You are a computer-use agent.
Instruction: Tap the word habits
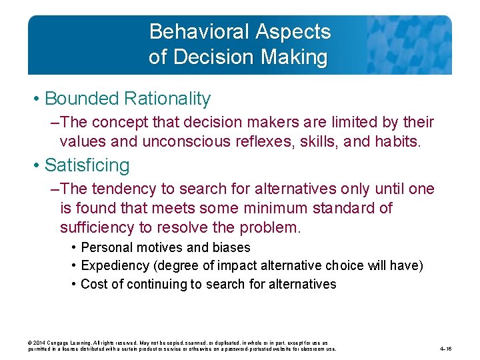tap(399, 141)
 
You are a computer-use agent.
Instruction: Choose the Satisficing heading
tap(87, 165)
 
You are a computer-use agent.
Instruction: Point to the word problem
tap(271, 227)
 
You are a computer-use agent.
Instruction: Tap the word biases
tap(231, 248)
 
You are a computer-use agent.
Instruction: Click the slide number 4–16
tap(446, 348)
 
